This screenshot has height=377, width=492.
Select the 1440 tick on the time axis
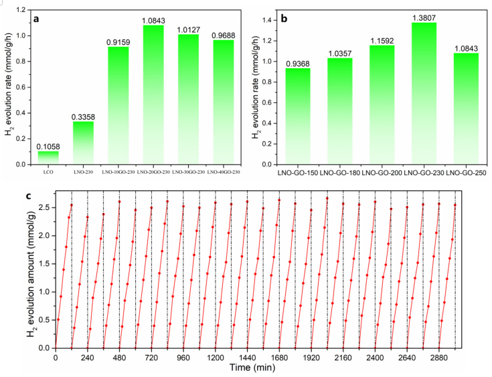click(x=248, y=358)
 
